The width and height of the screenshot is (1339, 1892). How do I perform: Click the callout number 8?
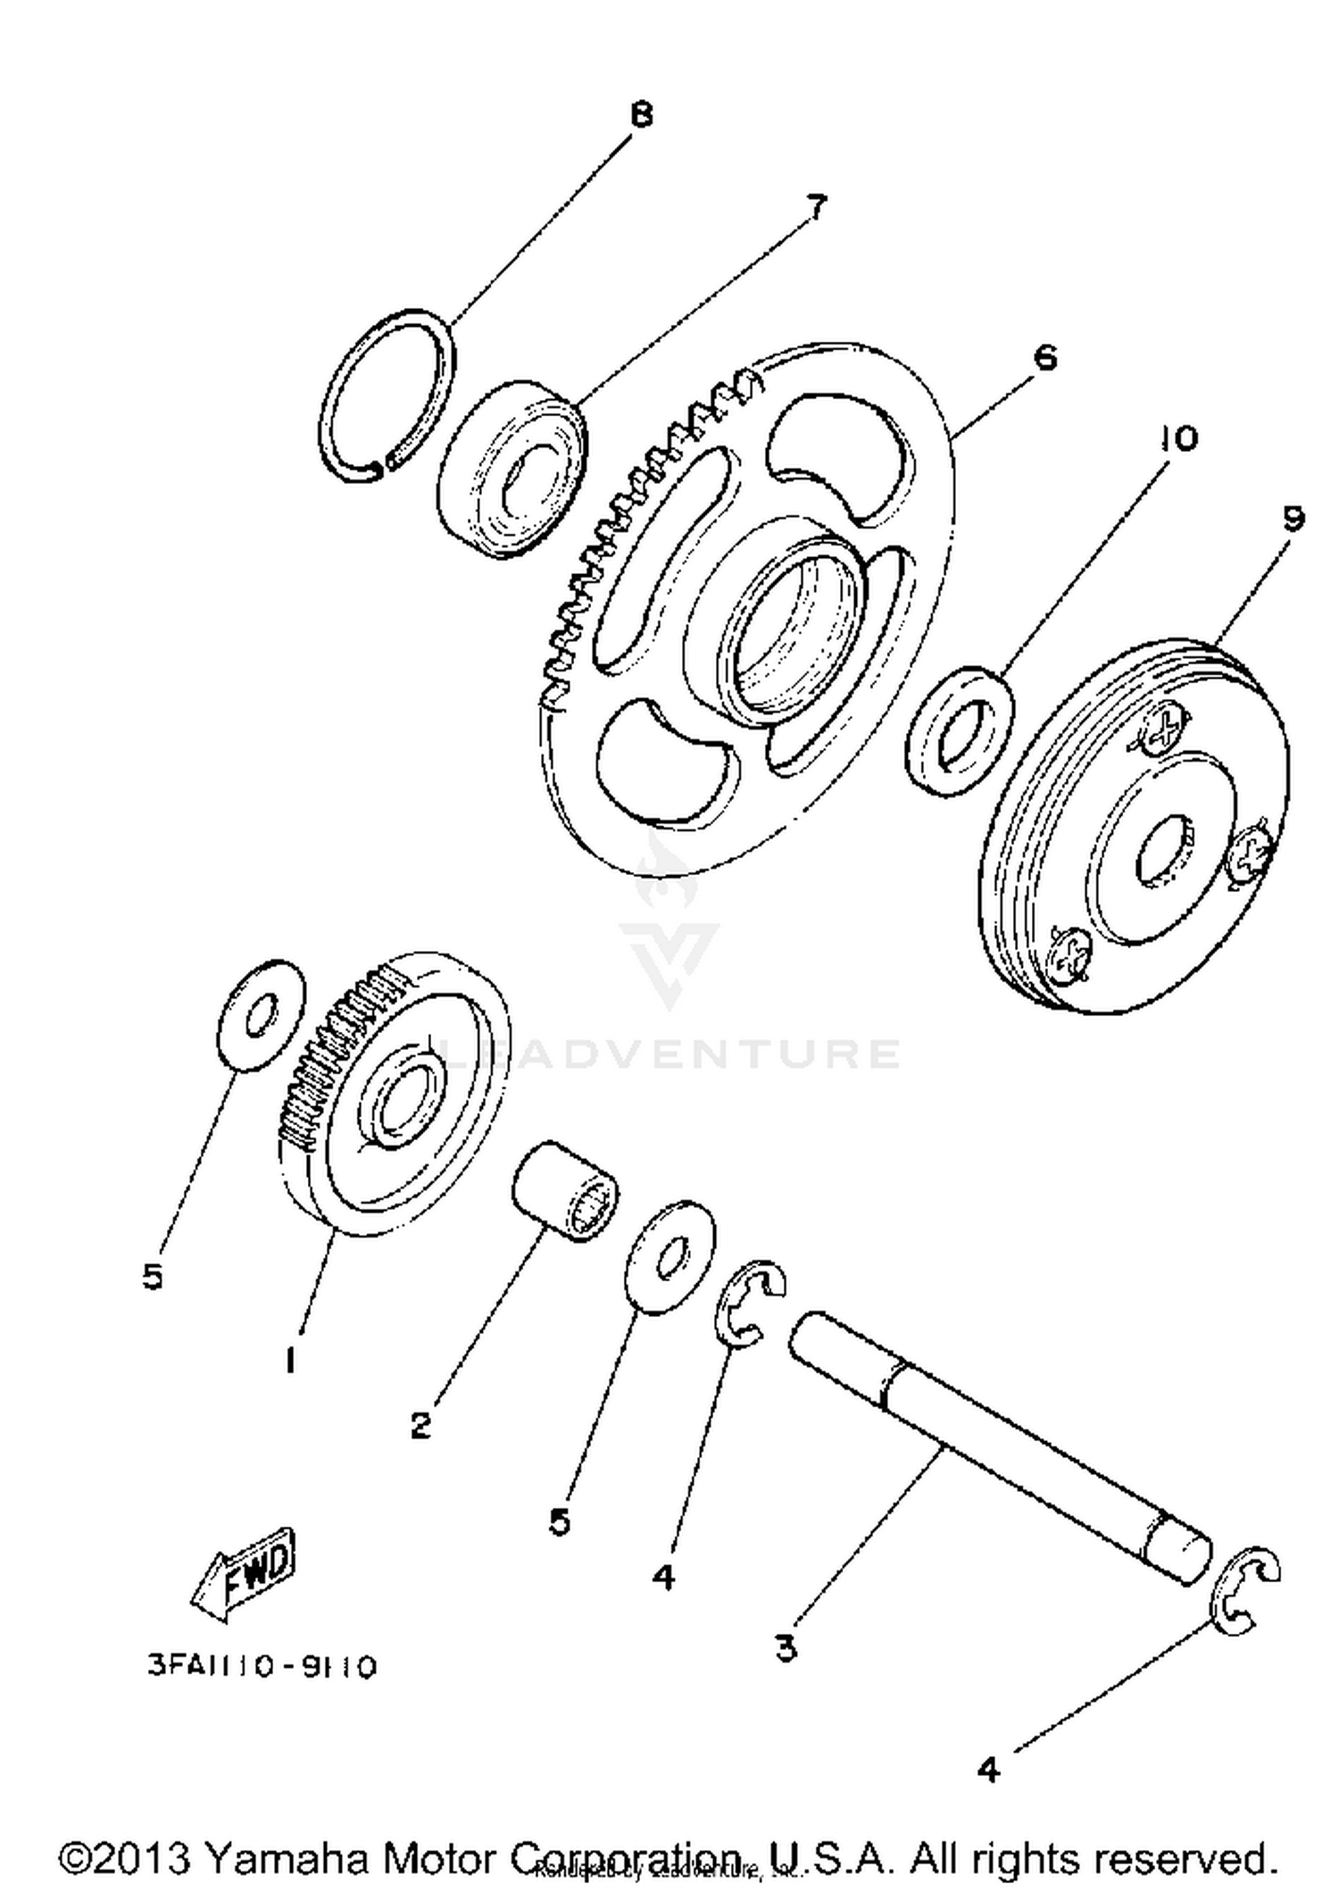[x=641, y=116]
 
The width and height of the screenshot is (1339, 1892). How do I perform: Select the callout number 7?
[x=816, y=207]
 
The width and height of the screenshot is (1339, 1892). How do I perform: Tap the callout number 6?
[x=1044, y=358]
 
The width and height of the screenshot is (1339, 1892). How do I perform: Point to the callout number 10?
[x=1178, y=438]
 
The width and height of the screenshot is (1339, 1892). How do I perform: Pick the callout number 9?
[x=1293, y=519]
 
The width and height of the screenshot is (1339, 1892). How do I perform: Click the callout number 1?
[x=290, y=1361]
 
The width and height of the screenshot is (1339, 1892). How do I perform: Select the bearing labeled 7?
[x=513, y=469]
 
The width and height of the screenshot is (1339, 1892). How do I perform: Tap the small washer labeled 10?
[x=960, y=730]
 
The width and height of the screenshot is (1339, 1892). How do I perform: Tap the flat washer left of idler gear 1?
[x=262, y=1015]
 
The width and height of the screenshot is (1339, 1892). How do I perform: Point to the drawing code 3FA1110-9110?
[x=262, y=1666]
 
